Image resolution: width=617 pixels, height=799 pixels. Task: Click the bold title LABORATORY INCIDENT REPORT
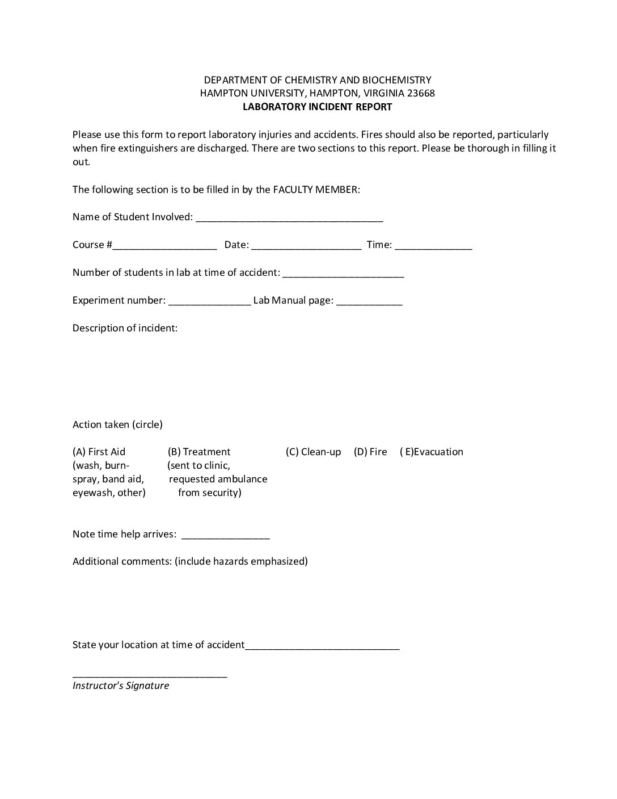click(317, 107)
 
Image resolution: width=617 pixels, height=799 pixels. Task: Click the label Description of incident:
click(125, 328)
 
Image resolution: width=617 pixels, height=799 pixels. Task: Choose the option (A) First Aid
click(99, 452)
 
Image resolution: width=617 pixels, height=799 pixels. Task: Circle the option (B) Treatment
click(199, 452)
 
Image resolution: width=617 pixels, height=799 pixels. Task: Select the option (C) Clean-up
click(313, 452)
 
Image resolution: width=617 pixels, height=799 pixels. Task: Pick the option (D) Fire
click(370, 452)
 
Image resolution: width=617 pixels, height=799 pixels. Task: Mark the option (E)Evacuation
click(431, 452)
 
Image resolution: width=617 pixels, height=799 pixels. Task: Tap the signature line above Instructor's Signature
click(150, 675)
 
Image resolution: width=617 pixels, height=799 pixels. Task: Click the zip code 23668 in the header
click(421, 93)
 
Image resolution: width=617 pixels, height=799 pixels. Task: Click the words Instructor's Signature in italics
click(121, 686)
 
